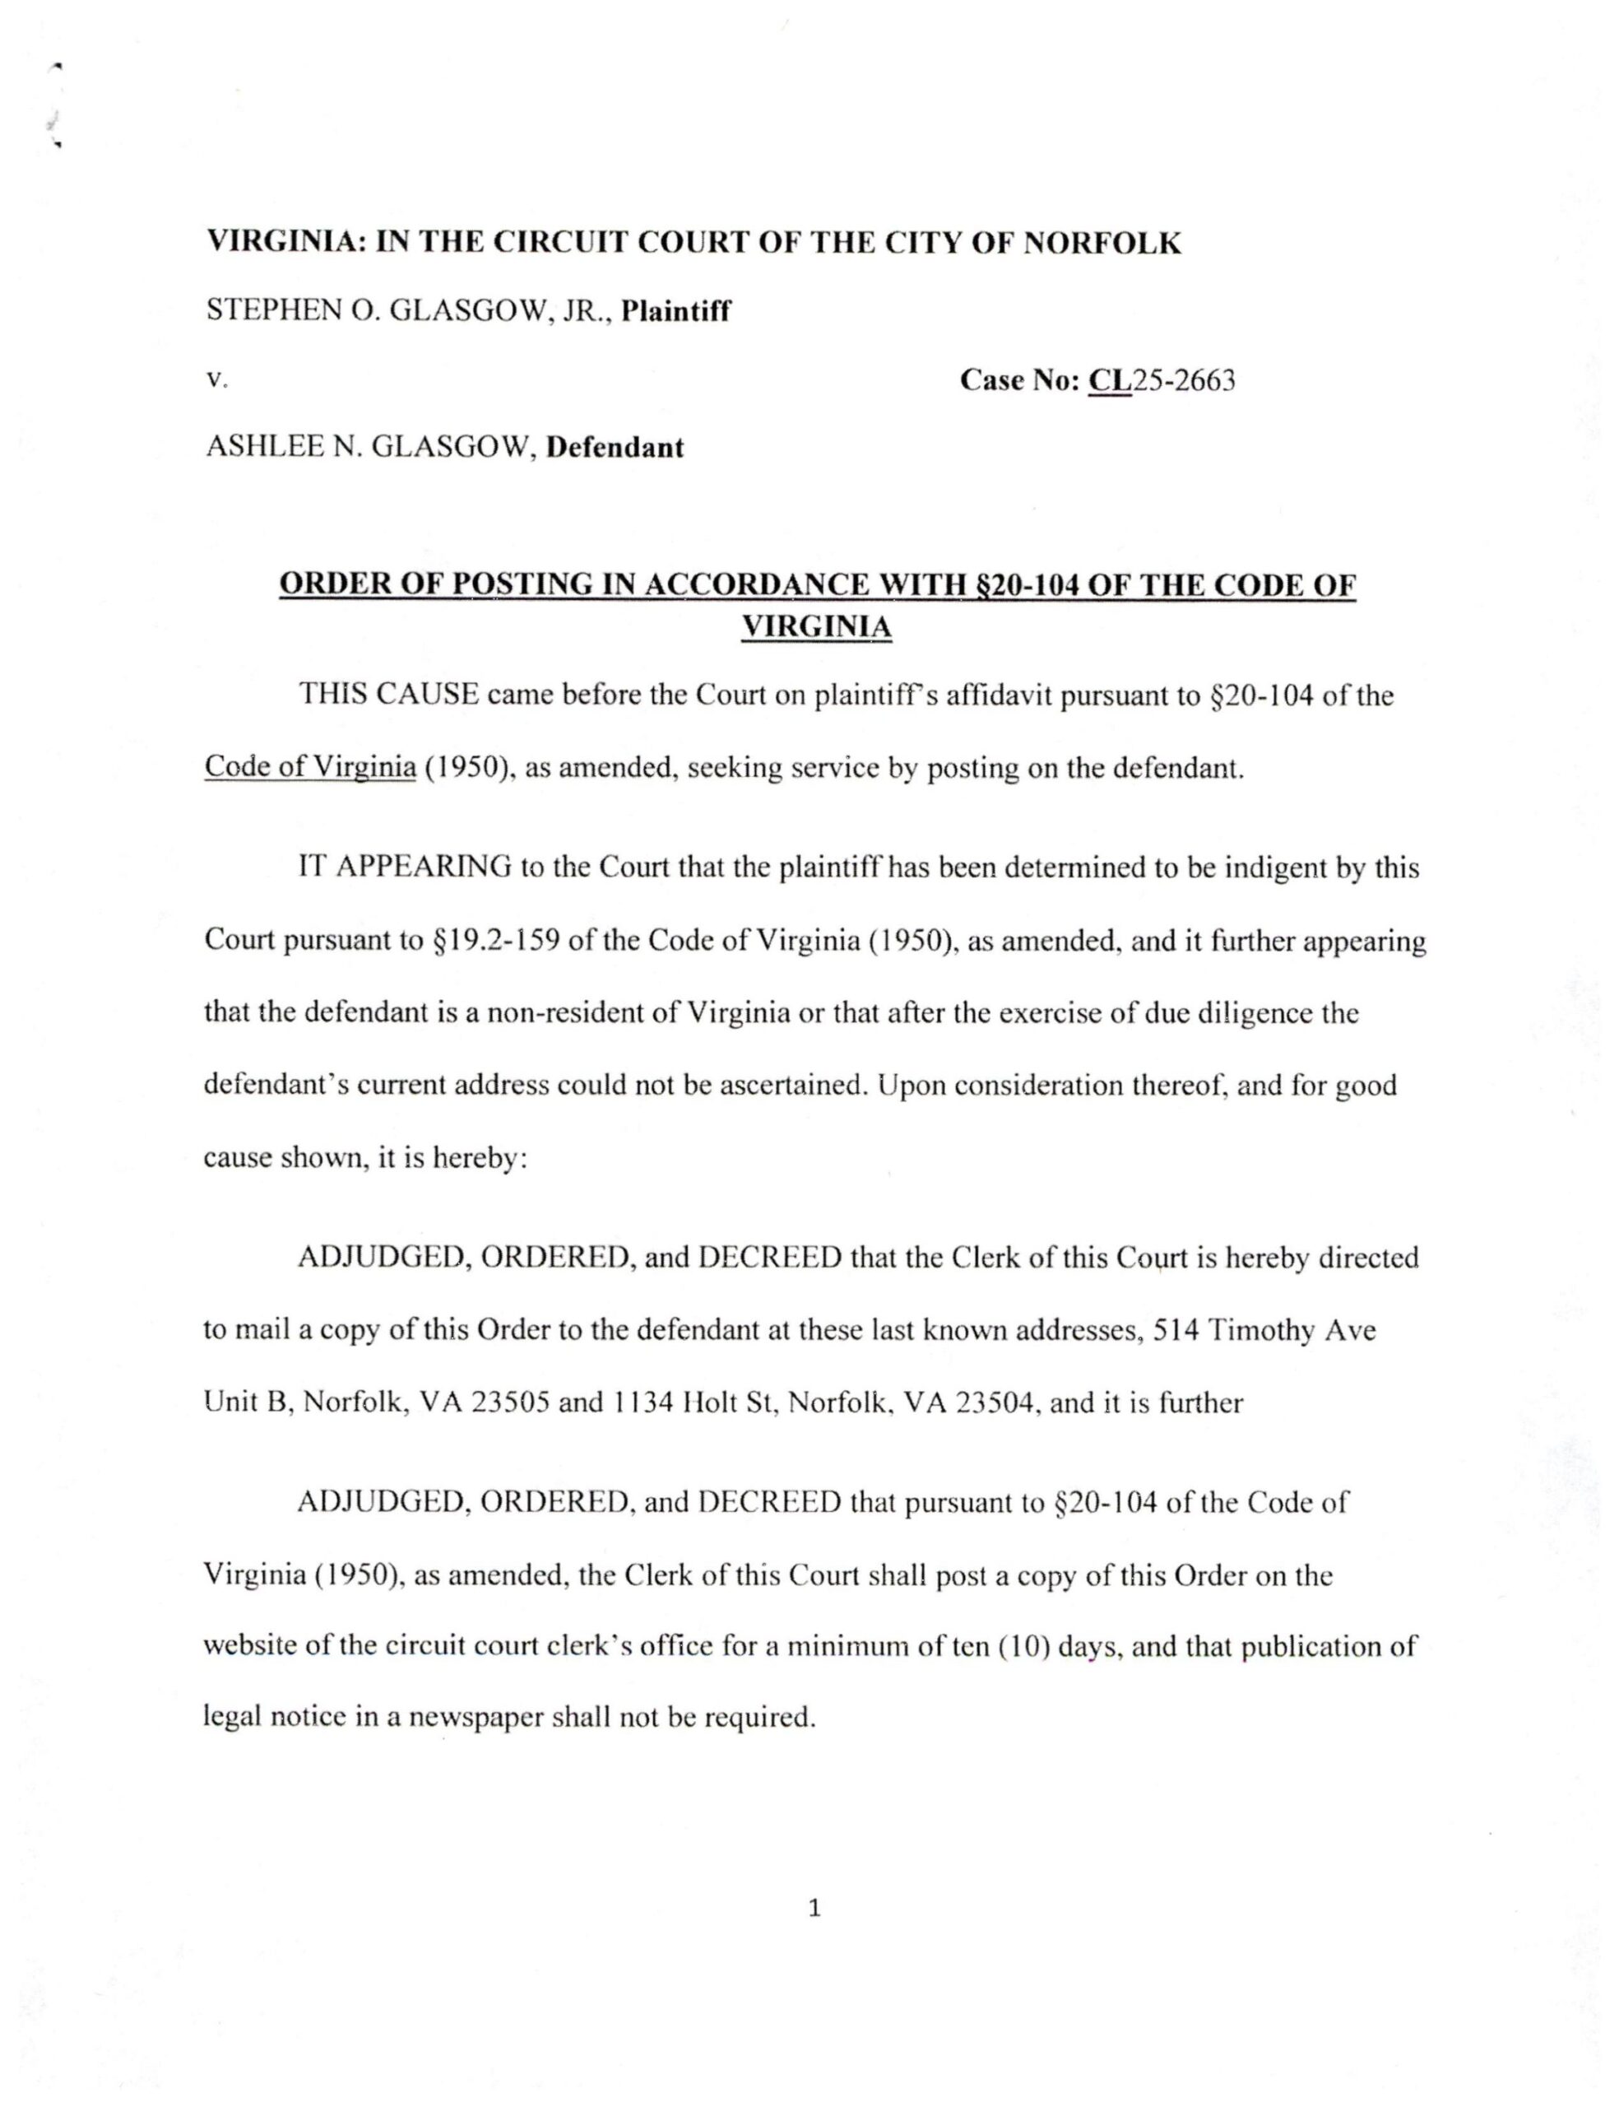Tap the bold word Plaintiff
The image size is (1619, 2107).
click(675, 311)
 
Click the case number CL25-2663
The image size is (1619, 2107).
click(1162, 381)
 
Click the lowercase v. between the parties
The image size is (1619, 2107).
click(216, 381)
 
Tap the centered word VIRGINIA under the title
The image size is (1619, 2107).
click(816, 627)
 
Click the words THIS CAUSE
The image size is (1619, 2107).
click(388, 695)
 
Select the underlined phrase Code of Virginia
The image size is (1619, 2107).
click(309, 768)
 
